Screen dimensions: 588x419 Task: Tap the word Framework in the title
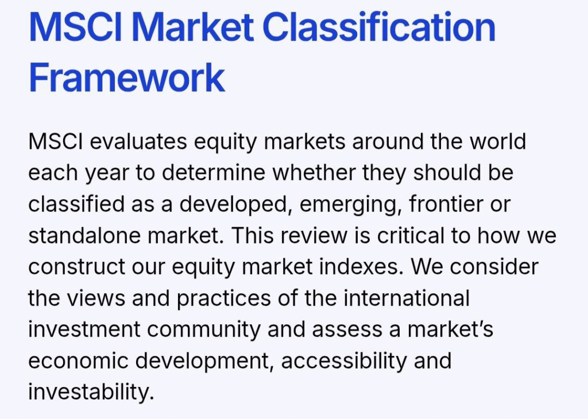(x=127, y=77)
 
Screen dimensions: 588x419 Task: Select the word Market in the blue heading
(x=192, y=26)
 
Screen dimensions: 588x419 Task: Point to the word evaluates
(x=138, y=142)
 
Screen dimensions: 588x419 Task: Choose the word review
(x=311, y=235)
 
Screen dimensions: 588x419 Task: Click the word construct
(x=77, y=267)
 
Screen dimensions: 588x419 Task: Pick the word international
(x=407, y=298)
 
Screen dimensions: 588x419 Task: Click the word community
(x=204, y=330)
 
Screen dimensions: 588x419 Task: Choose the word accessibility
(x=343, y=361)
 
